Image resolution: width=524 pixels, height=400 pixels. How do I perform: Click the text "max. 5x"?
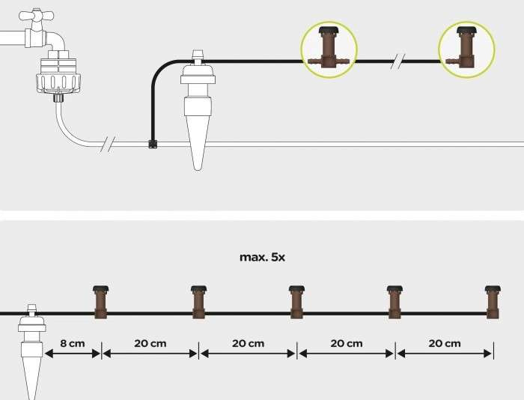[262, 257]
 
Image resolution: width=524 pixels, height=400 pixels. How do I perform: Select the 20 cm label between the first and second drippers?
[150, 344]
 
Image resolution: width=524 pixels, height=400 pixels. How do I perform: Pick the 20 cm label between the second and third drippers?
[248, 344]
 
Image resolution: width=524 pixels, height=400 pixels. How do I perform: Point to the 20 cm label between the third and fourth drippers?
[346, 344]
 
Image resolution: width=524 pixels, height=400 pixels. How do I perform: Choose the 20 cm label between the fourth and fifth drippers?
[444, 344]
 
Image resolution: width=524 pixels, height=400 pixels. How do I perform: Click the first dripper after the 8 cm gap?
[100, 302]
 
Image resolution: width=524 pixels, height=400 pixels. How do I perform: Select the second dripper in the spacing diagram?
[198, 302]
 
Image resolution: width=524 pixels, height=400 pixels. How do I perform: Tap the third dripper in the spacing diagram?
[296, 302]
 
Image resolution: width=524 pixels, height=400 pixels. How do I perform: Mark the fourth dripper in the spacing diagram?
[394, 302]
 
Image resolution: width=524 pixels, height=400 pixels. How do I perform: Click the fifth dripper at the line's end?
[492, 302]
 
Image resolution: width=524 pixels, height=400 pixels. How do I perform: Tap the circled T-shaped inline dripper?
[328, 48]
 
